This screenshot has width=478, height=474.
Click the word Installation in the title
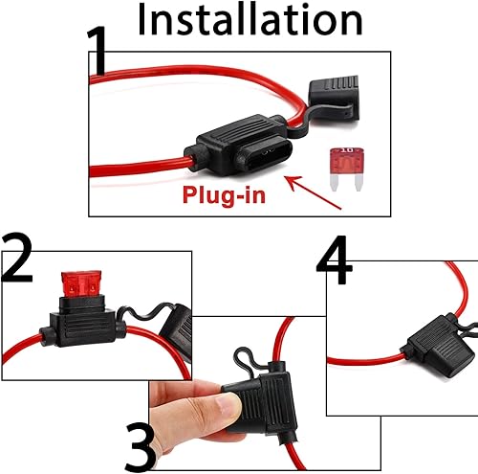(x=250, y=20)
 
